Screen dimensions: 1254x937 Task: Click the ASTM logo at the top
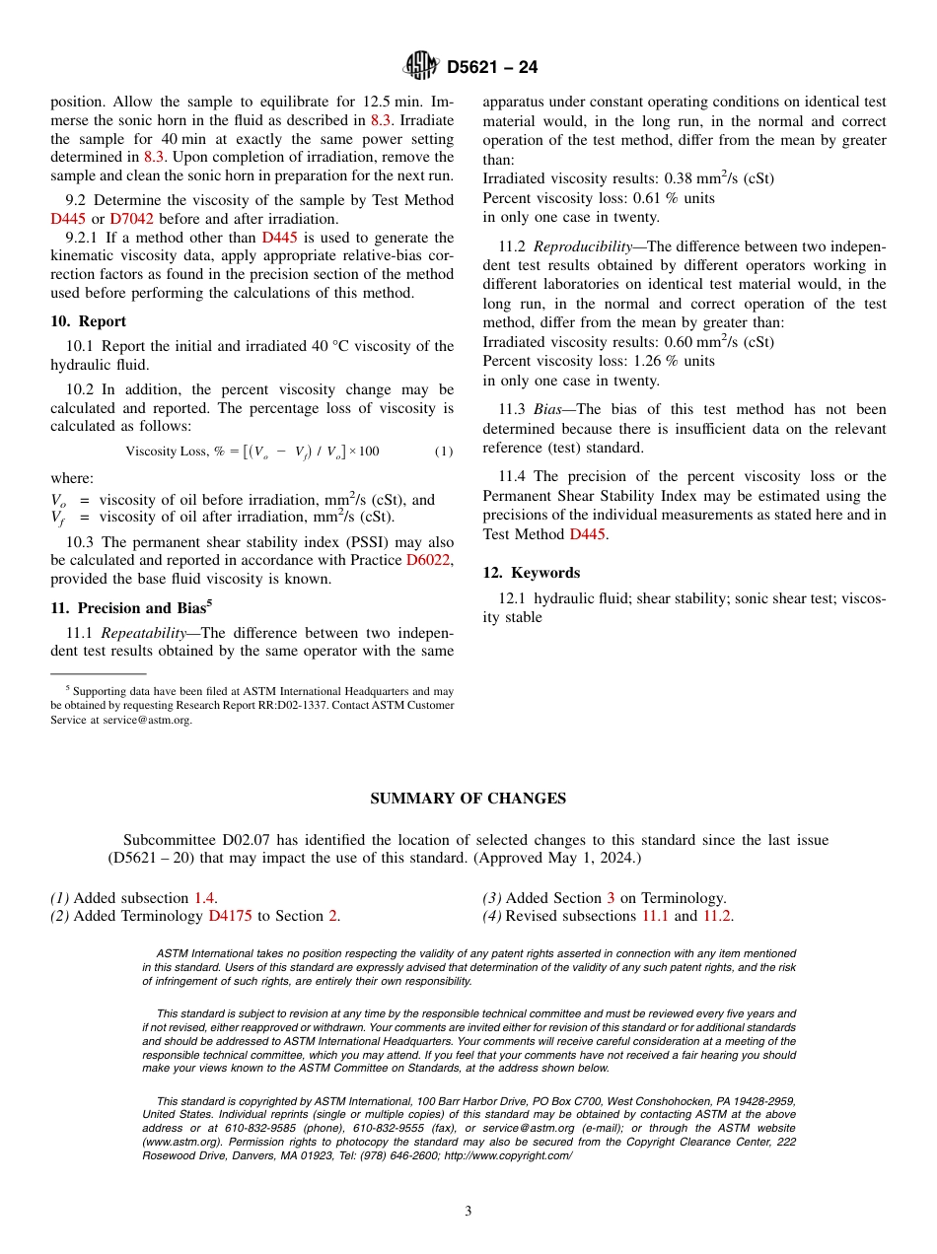[x=420, y=66]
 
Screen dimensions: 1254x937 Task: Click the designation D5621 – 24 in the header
[x=492, y=67]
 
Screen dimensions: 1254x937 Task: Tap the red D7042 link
[x=131, y=219]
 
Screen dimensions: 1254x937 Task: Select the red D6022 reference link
[x=429, y=560]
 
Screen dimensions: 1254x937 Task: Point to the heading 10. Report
[x=88, y=321]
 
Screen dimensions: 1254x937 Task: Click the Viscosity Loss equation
[x=252, y=452]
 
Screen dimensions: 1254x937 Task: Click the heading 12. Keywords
[x=531, y=573]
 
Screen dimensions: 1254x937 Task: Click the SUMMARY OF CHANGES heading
[x=468, y=799]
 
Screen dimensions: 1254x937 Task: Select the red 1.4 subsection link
[x=203, y=898]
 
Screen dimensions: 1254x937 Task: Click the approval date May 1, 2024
[x=582, y=858]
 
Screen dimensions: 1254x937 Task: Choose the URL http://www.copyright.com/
[x=508, y=1155]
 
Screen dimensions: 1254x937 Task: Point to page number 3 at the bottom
[x=468, y=1212]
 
